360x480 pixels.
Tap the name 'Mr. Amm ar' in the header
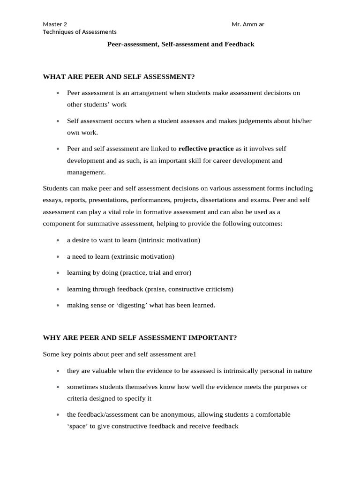(x=248, y=24)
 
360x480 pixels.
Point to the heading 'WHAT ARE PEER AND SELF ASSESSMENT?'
(x=118, y=76)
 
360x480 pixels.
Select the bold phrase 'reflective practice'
(x=206, y=149)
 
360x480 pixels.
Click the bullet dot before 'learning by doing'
(x=58, y=273)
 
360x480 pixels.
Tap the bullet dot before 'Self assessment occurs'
(x=58, y=121)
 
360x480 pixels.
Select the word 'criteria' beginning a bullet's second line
(x=78, y=398)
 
